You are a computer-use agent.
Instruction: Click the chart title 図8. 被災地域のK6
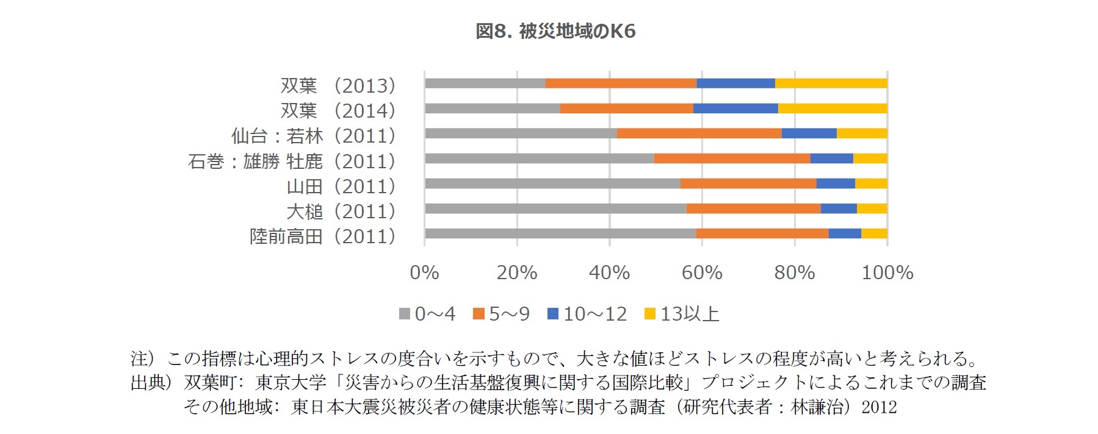[x=555, y=32]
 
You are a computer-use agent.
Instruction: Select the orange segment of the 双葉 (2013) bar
[x=621, y=84]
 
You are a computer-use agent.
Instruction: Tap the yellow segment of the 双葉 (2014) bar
[x=833, y=108]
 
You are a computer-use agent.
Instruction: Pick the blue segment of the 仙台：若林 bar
[x=809, y=133]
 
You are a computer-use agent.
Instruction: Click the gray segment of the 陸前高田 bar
[x=560, y=233]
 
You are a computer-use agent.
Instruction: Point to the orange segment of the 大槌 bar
[x=753, y=208]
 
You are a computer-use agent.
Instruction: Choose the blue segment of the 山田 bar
[x=836, y=183]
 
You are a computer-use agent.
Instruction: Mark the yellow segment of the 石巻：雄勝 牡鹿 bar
[x=870, y=158]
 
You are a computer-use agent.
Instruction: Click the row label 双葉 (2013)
[x=338, y=85]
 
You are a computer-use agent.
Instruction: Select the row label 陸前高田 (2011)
[x=322, y=236]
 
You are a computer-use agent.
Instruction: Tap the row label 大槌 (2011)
[x=341, y=211]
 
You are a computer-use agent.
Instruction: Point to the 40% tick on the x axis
[x=609, y=272]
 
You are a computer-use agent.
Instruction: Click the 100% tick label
[x=887, y=272]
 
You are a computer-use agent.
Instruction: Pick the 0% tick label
[x=424, y=272]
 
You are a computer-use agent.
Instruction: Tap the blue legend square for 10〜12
[x=554, y=314]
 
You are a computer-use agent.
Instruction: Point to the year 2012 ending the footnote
[x=879, y=407]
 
